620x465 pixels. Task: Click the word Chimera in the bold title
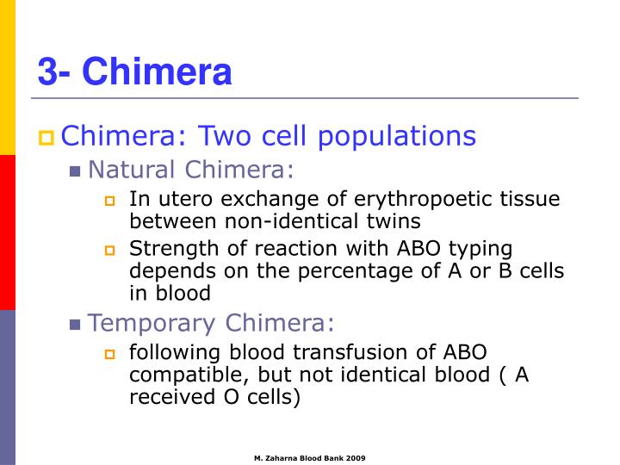tap(158, 71)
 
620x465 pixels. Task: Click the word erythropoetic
tap(411, 200)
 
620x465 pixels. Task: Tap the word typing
tap(482, 249)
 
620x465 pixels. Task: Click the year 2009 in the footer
tap(355, 458)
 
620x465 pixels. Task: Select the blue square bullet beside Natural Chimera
tap(76, 170)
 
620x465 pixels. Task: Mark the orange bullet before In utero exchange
tap(109, 201)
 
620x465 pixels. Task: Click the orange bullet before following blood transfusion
tap(109, 354)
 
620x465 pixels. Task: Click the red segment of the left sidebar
tap(8, 232)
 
